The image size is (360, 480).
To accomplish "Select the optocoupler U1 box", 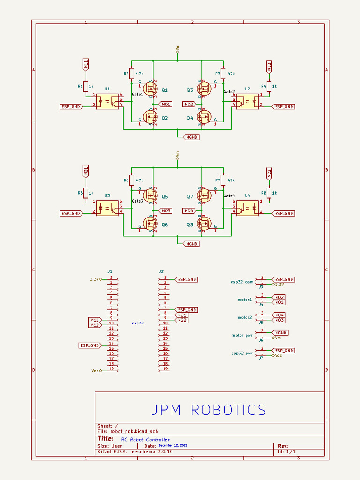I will (107, 102).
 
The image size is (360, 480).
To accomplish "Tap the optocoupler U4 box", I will (247, 208).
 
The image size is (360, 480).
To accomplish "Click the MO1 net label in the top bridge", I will (166, 104).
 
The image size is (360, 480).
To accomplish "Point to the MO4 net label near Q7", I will (188, 211).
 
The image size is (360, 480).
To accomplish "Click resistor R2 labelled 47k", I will (132, 74).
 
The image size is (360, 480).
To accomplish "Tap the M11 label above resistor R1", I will (86, 65).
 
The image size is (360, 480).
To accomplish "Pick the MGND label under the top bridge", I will (191, 137).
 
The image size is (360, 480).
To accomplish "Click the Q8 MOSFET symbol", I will (203, 224).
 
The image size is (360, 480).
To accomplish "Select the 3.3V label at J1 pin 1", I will (95, 279).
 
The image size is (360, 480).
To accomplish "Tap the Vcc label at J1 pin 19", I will (95, 371).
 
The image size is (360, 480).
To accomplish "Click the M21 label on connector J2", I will (181, 315).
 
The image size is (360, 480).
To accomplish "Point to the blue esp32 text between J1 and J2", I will (137, 323).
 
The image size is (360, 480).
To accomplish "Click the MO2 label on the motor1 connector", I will (280, 297).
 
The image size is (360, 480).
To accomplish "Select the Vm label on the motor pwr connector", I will (277, 337).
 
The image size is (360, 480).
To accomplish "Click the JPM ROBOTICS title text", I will (209, 410).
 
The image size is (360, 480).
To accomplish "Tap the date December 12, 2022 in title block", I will (172, 446).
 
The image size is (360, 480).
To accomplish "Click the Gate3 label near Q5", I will (137, 201).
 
